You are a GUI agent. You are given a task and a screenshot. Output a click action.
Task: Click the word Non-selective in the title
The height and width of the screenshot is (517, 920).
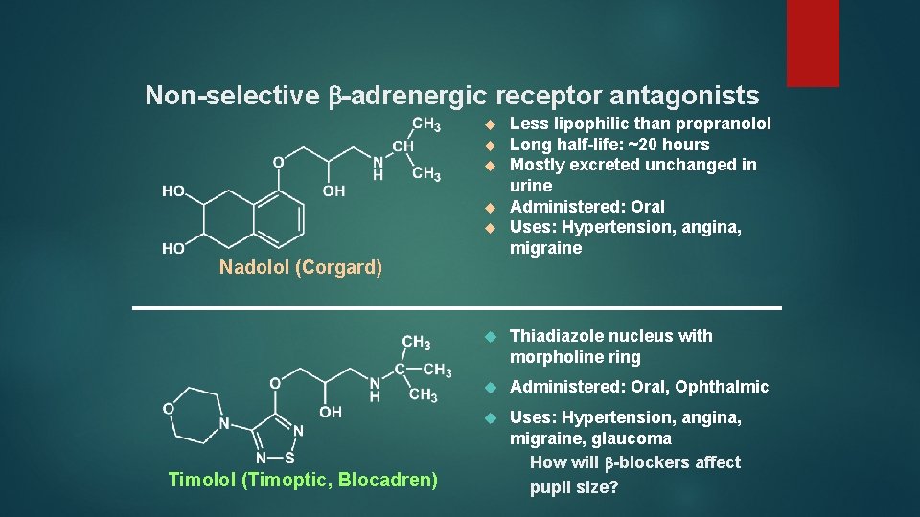click(231, 96)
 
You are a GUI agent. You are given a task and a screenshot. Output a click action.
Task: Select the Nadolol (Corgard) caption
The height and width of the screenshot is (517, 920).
click(301, 267)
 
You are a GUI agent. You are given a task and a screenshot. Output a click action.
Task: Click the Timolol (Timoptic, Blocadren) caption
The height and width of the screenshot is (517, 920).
click(303, 480)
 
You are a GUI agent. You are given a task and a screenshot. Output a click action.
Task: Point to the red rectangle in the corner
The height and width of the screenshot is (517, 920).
click(812, 42)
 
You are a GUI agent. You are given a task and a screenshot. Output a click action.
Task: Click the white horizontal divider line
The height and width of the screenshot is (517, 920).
click(457, 308)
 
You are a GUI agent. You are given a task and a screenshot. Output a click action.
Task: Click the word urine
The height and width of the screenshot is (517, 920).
click(531, 186)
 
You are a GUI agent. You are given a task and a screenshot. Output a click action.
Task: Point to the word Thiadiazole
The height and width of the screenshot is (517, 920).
click(558, 336)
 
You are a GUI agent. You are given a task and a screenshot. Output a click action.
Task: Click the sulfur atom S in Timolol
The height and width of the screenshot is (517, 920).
click(288, 458)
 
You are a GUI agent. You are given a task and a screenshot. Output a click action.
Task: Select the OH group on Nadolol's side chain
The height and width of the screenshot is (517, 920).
click(334, 191)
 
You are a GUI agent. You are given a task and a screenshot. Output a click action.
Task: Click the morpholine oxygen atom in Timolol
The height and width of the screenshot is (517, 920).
click(169, 409)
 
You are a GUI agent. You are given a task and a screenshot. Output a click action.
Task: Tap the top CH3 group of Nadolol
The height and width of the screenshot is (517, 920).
click(426, 124)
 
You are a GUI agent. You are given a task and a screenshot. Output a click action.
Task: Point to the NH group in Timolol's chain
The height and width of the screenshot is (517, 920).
click(375, 390)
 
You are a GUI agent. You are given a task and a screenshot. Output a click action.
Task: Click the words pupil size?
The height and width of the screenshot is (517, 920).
click(575, 487)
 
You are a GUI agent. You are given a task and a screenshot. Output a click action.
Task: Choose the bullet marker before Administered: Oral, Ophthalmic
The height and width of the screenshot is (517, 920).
click(489, 387)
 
